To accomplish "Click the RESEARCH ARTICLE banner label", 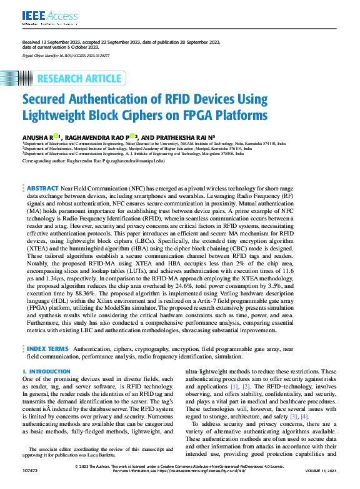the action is click(79, 79).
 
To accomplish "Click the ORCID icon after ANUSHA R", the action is click(56, 134).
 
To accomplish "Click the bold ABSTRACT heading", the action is click(42, 188).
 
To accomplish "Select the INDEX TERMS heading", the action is click(47, 347).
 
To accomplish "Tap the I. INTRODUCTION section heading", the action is click(46, 372).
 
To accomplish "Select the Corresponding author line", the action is click(93, 161).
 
